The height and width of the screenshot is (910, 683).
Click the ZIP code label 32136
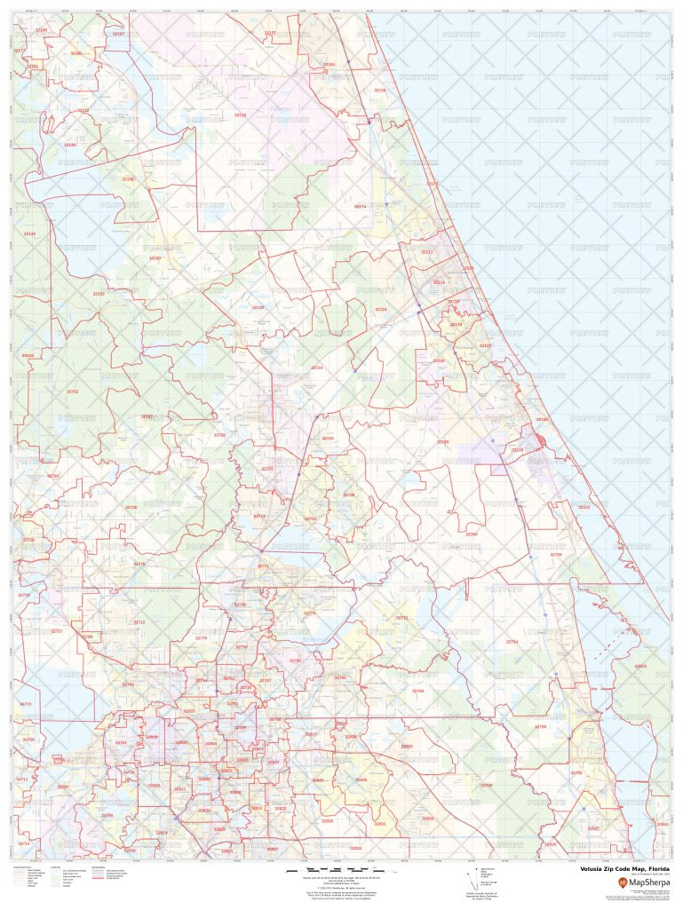click(x=380, y=91)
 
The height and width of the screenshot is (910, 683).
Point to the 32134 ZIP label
click(x=30, y=233)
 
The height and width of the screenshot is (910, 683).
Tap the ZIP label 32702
click(x=73, y=391)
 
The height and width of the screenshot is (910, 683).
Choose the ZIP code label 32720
click(x=219, y=435)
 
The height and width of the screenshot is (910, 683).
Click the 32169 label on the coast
click(x=542, y=419)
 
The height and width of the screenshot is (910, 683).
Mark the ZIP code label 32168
click(x=442, y=441)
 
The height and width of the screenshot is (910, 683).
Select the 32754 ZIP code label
click(x=512, y=640)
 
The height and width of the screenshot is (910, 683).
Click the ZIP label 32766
click(x=418, y=690)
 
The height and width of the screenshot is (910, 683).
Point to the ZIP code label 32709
click(x=486, y=785)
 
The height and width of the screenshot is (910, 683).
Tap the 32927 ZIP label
click(x=593, y=827)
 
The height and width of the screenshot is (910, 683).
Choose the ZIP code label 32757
click(x=57, y=630)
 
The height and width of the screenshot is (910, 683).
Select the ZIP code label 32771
click(x=263, y=566)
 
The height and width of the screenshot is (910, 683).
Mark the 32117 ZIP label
click(x=427, y=252)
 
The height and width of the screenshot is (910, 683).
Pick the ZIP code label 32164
click(x=330, y=65)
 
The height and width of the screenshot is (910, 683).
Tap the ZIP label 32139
click(x=70, y=145)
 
